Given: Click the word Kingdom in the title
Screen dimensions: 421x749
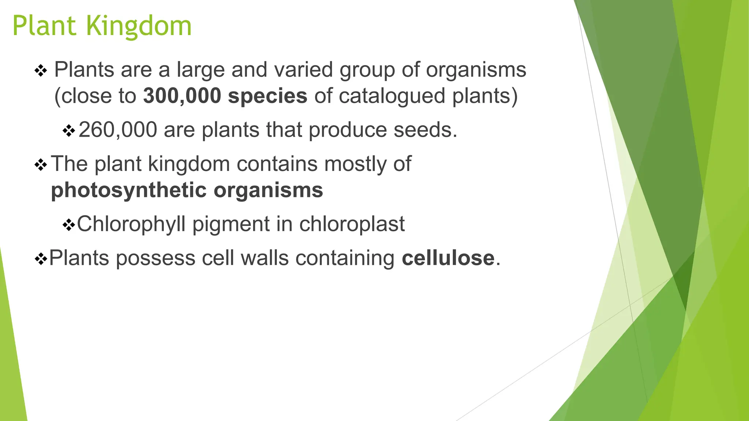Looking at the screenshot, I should point(139,26).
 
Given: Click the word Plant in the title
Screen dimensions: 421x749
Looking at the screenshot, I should point(45,26).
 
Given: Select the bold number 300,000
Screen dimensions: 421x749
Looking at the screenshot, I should point(182,96).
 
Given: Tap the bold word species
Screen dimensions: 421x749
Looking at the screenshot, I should point(267,96).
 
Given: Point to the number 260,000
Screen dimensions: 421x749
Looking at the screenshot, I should point(118,130).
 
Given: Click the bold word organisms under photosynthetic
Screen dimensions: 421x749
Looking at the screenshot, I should point(268,190).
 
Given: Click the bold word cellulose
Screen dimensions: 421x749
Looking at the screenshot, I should point(448,258).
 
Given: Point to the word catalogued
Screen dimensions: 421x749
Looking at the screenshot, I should point(392,96).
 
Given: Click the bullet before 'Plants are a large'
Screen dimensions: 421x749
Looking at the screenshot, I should point(41,71).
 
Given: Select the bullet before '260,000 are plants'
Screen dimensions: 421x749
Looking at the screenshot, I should point(69,130).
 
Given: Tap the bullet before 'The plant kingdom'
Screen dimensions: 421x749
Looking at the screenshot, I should point(41,165).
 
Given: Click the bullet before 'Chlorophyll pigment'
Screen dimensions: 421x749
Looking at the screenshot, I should point(68,225).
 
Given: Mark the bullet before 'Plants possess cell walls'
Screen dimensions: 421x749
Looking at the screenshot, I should point(41,259).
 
